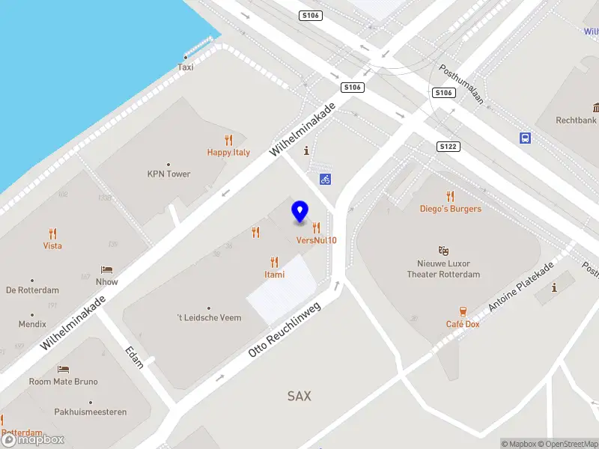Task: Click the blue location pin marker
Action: tap(299, 212)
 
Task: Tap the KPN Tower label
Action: tap(168, 174)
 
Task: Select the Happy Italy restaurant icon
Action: tap(228, 140)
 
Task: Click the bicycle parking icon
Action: tap(325, 179)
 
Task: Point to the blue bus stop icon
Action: tap(526, 138)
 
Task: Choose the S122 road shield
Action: tap(447, 147)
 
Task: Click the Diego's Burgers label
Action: tap(450, 209)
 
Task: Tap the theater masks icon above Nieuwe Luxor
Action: tap(443, 251)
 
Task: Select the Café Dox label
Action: tap(462, 324)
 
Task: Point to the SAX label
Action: tap(299, 396)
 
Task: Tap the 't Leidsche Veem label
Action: tap(209, 318)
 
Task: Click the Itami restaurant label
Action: tap(274, 275)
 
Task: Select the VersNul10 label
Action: tap(316, 240)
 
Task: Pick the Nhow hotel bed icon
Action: tap(107, 270)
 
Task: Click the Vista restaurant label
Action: tap(52, 245)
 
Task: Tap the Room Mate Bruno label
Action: tap(64, 382)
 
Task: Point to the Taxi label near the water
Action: tap(185, 67)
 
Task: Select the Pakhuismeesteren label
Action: tap(90, 412)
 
